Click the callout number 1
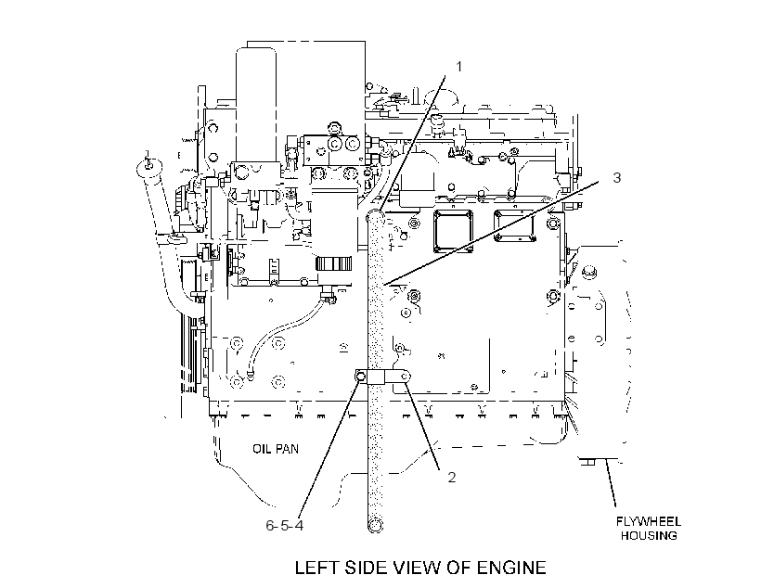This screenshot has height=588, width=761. click(459, 66)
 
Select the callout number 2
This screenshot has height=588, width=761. click(452, 478)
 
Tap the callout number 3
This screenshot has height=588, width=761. click(617, 177)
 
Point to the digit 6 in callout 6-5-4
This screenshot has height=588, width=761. click(270, 526)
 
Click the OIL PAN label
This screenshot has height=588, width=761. click(276, 449)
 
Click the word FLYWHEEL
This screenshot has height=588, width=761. click(649, 521)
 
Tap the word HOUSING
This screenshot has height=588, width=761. click(649, 536)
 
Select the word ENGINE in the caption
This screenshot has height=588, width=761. click(511, 568)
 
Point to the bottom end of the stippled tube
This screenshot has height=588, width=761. click(375, 525)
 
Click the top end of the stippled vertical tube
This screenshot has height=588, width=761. click(376, 215)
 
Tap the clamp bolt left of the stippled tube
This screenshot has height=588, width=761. click(361, 377)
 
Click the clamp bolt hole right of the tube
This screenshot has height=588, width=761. click(406, 376)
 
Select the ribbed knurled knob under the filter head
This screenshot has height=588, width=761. click(333, 264)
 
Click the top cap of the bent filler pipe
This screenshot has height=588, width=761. click(148, 167)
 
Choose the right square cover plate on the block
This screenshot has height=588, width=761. click(514, 226)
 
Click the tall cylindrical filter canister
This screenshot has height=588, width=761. click(257, 104)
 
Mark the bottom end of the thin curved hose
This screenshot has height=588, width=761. click(250, 375)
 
